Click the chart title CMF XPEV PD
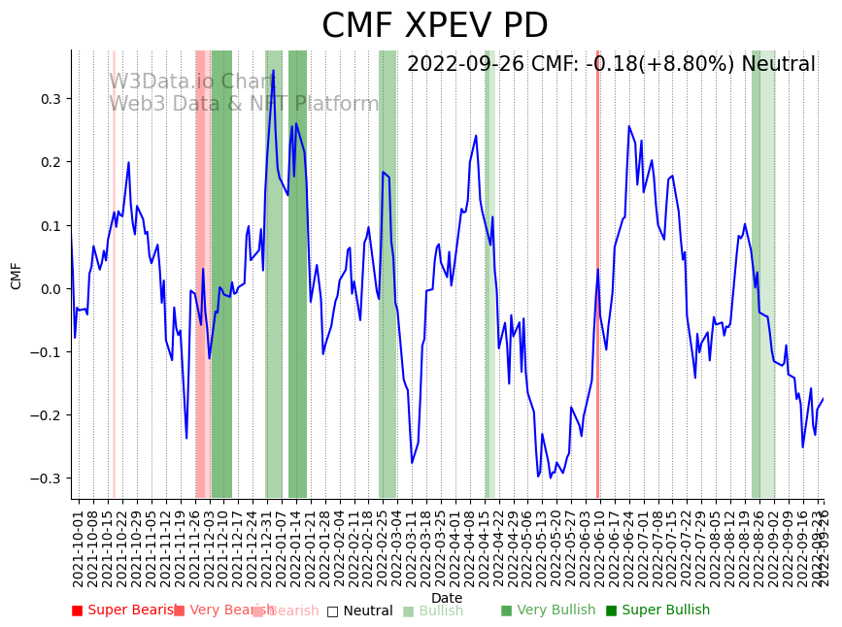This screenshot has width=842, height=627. point(434,26)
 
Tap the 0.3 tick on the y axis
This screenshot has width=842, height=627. point(50,99)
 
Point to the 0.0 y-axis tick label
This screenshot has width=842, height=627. point(50,289)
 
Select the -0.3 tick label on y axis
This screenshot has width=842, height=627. point(47,478)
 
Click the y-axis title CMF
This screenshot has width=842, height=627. point(17,276)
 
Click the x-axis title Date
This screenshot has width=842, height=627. point(447,598)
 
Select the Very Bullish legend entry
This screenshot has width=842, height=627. point(548,610)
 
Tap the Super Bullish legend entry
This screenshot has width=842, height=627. point(657,610)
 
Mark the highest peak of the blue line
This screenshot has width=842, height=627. point(273,71)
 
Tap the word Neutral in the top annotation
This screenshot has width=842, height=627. point(778,65)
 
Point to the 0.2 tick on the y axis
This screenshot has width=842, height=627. point(50,162)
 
